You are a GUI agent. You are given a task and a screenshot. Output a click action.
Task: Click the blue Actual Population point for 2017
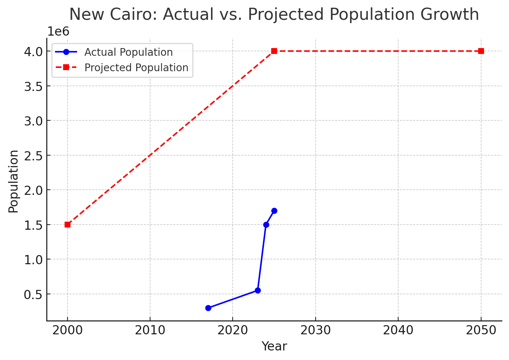(x=208, y=308)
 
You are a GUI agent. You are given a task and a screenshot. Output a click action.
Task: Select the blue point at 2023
(x=258, y=290)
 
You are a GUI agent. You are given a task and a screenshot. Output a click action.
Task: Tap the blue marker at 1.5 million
(x=266, y=225)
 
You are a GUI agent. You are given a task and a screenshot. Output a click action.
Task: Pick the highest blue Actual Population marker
(x=274, y=211)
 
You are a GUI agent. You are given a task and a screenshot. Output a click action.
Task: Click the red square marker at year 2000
(x=68, y=225)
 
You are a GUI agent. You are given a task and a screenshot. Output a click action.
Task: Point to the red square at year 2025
(x=274, y=51)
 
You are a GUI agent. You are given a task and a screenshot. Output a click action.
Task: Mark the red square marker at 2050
(x=481, y=51)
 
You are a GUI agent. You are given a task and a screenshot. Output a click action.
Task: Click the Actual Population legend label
(x=128, y=52)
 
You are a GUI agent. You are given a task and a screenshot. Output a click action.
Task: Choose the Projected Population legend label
(x=136, y=68)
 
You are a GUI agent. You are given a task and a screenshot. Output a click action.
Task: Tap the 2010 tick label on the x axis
(x=150, y=330)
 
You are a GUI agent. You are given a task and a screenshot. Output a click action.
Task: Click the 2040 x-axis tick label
(x=398, y=330)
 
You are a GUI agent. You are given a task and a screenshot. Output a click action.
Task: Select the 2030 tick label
(x=316, y=330)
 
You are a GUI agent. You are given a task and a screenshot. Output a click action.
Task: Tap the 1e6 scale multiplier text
(x=58, y=32)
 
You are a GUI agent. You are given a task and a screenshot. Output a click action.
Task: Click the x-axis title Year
(x=274, y=346)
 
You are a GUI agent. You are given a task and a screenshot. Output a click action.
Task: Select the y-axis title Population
(x=14, y=181)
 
